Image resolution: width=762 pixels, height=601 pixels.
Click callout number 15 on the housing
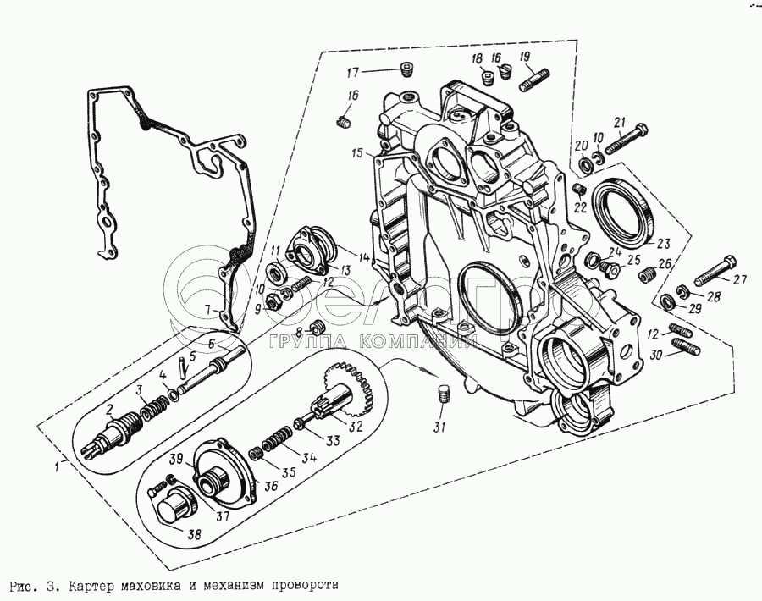[x=357, y=154]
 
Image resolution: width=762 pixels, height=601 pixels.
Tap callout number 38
[x=195, y=534]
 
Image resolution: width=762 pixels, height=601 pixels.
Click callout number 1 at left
[x=58, y=467]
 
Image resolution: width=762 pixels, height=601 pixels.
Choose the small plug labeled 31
[x=444, y=393]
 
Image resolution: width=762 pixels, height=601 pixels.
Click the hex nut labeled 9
[x=273, y=302]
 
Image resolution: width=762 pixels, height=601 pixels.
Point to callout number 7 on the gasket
[x=207, y=309]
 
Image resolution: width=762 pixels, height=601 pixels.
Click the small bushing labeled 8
[x=317, y=328]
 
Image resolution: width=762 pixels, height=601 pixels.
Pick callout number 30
[x=655, y=356]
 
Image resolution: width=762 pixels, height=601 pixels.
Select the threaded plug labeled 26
[x=647, y=274]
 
